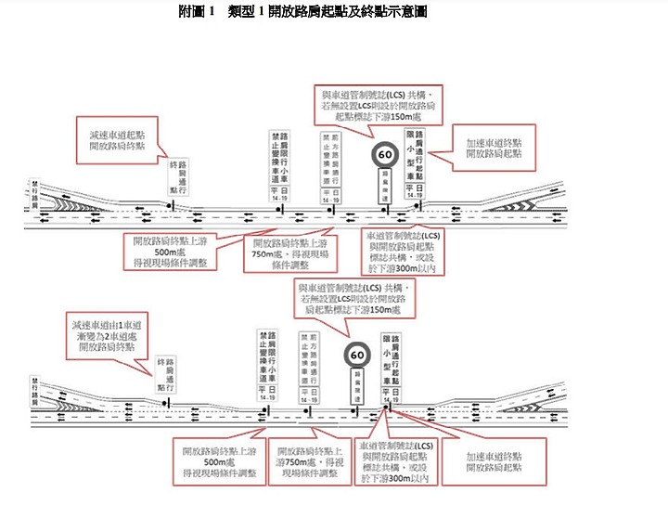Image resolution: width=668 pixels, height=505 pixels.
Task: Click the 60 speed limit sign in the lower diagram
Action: (x=356, y=354)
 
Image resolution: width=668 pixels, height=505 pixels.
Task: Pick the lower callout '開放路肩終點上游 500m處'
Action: (x=215, y=461)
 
